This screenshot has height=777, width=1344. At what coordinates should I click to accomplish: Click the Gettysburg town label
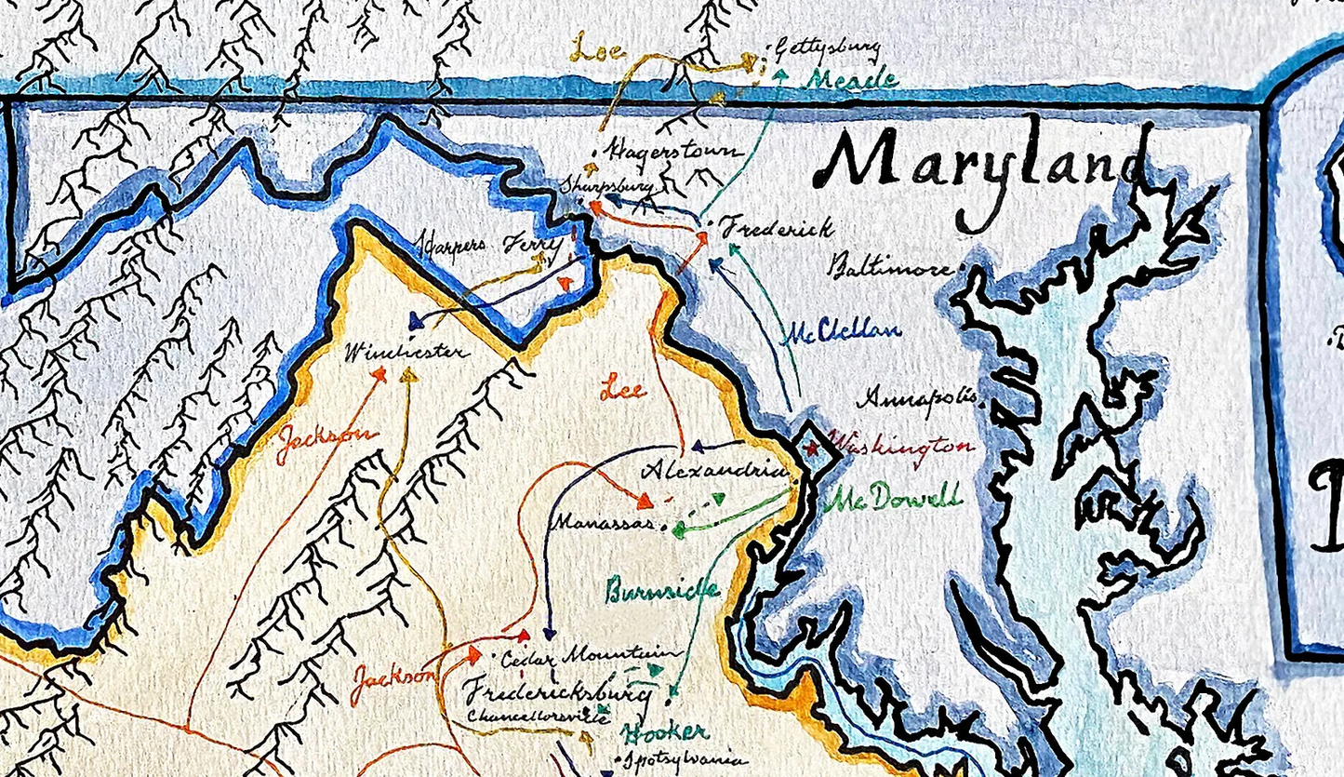pos(827,49)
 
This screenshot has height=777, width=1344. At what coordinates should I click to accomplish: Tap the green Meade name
pos(851,79)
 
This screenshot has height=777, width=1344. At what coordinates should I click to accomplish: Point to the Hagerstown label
pos(673,151)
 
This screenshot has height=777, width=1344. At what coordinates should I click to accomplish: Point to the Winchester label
pos(406,353)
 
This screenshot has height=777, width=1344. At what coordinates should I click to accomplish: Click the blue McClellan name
pos(842,332)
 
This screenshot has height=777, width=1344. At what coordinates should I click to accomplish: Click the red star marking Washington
pos(811,449)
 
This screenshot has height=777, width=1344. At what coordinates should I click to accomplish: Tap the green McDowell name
pos(896,499)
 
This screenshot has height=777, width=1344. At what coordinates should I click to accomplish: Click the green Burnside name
pos(661,590)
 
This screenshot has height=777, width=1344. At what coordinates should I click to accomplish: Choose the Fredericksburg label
pos(555,692)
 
